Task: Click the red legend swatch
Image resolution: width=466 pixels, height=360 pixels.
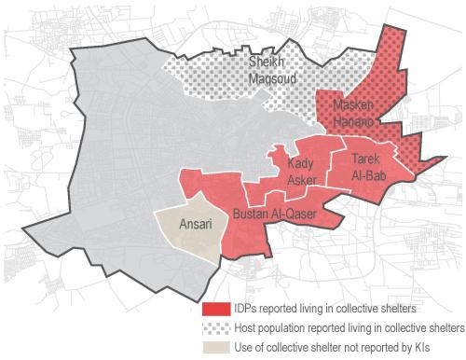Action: [x=217, y=309]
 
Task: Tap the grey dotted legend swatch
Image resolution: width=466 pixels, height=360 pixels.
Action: [x=217, y=327]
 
